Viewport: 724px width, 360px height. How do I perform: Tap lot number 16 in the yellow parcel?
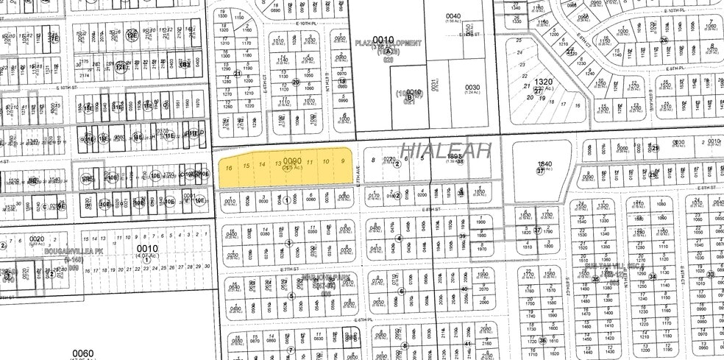click(x=230, y=168)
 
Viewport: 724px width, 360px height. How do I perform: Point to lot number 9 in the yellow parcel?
click(x=342, y=160)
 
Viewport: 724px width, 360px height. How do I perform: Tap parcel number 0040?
click(x=452, y=15)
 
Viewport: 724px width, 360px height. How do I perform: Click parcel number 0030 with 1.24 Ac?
click(x=472, y=87)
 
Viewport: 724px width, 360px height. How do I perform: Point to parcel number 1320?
click(x=543, y=82)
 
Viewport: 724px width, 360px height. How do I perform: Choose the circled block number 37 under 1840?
click(x=540, y=171)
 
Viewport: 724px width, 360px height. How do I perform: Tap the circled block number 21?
click(x=238, y=74)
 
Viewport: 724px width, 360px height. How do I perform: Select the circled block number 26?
click(x=663, y=40)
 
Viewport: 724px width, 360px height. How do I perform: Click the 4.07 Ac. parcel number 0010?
click(x=148, y=249)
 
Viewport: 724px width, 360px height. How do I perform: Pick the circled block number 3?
click(x=289, y=243)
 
